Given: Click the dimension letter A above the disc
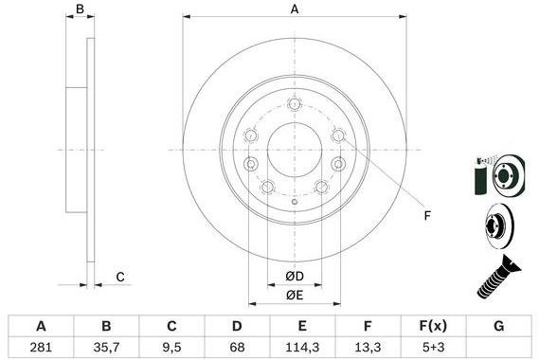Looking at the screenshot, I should click(295, 9).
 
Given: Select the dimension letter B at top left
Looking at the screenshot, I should click(81, 9).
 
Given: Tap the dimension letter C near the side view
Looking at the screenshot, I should click(120, 277).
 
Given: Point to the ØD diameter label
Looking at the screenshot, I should click(296, 277).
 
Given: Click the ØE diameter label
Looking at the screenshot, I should click(296, 294).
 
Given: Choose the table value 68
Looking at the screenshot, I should click(236, 346).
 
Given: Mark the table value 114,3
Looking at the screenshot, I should click(302, 346).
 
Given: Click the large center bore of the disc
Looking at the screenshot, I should click(296, 150).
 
